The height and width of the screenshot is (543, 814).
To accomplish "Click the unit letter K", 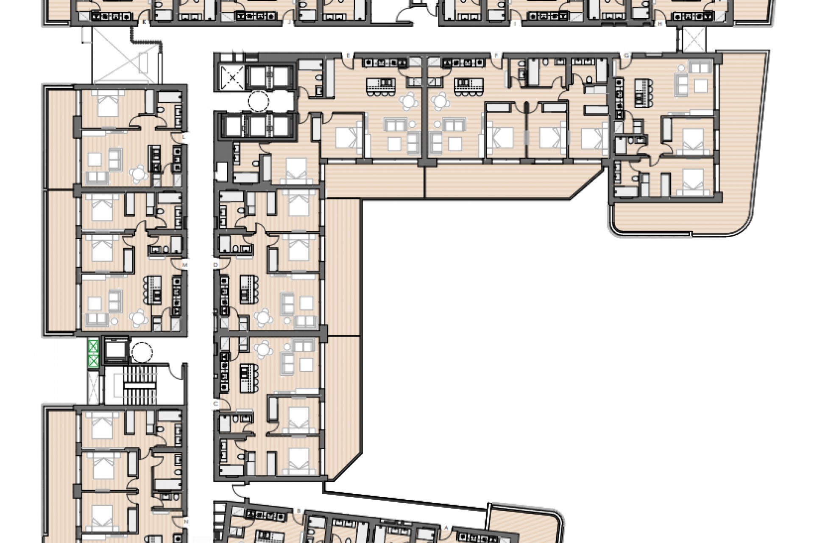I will click(x=145, y=24).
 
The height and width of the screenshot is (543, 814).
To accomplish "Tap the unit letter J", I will click(x=289, y=24).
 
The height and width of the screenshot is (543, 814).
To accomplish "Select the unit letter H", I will click(x=660, y=24).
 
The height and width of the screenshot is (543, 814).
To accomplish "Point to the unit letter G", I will click(x=627, y=56).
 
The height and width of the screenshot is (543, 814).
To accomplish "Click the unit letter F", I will click(x=496, y=56).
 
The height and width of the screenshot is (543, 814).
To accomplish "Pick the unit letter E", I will click(x=348, y=56).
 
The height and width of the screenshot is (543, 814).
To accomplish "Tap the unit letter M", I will click(x=185, y=265).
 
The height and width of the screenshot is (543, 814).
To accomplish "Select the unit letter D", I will click(x=215, y=265).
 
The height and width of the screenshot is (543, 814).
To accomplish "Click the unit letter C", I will click(x=215, y=403).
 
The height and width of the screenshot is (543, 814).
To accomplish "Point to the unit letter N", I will click(x=186, y=521).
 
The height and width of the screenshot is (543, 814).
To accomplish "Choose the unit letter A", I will click(x=446, y=528).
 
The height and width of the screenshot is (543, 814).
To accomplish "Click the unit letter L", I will click(x=184, y=137).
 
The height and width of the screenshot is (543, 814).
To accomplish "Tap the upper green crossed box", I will click(x=93, y=347).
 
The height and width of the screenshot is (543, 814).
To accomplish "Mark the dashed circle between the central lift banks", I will click(x=258, y=101).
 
